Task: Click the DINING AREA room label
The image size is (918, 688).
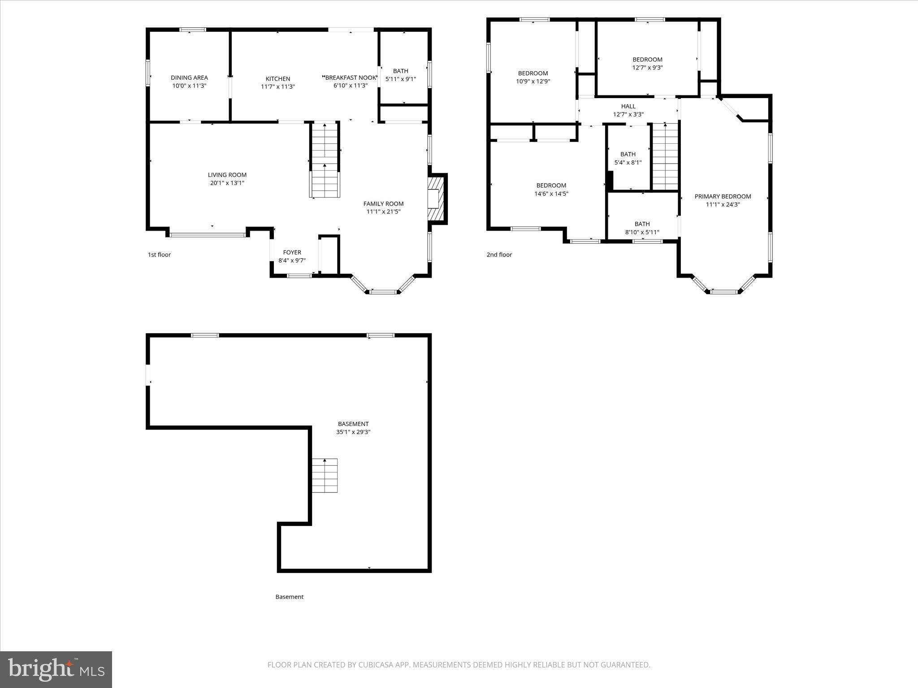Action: pos(189,77)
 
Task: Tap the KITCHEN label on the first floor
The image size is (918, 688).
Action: pos(278,78)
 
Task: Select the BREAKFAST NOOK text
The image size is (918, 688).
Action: pos(351,77)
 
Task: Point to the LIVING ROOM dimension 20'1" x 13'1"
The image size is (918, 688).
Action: pos(227,183)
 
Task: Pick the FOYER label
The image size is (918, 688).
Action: pos(292,252)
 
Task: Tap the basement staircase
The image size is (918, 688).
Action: pos(325,475)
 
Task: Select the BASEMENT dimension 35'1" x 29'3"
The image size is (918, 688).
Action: pos(353,432)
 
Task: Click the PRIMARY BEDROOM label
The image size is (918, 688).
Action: pos(723,196)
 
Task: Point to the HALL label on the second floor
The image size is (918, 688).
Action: pos(628,106)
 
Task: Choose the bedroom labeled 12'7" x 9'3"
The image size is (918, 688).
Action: pos(647,64)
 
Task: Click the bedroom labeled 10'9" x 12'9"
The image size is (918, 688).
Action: pos(533,77)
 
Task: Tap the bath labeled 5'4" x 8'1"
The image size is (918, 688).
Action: pos(628,158)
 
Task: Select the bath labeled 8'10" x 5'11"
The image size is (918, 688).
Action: pos(642,228)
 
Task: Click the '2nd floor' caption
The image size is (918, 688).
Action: pos(499,254)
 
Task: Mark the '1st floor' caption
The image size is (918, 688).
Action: pos(159,254)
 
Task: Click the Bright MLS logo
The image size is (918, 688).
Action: pos(56,669)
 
